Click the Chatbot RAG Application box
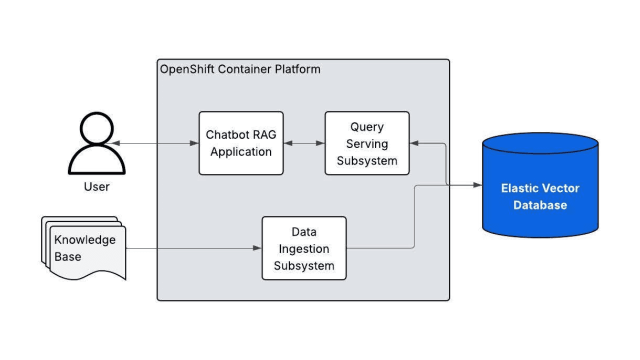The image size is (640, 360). [241, 143]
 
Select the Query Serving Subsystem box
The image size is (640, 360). [367, 143]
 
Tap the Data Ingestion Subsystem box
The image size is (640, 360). [304, 248]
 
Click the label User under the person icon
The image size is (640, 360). [96, 187]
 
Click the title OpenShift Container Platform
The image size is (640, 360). [240, 69]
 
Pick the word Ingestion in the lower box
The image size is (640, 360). [304, 249]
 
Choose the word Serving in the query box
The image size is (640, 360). [367, 144]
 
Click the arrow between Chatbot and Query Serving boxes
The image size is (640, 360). [304, 143]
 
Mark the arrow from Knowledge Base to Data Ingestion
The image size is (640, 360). [195, 248]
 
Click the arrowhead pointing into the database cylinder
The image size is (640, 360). [478, 185]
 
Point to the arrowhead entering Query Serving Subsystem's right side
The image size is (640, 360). [414, 143]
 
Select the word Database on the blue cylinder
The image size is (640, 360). [540, 205]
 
